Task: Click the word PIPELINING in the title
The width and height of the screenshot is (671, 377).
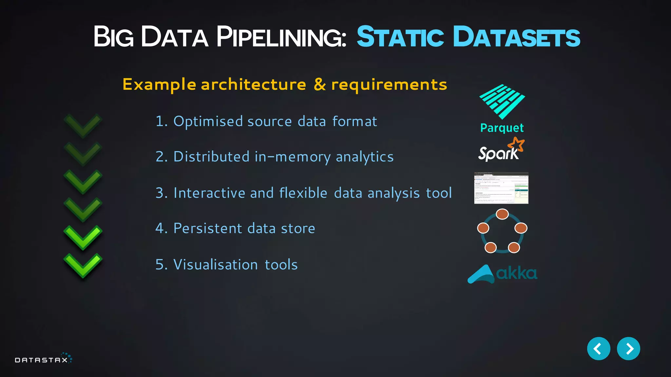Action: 281,37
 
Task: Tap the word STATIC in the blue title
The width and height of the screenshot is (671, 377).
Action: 400,37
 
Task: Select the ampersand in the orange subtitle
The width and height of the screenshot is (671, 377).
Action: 320,84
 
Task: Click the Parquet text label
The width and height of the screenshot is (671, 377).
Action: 502,128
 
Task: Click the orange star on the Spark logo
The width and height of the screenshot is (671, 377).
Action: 516,144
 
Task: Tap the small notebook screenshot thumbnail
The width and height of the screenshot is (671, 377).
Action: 501,188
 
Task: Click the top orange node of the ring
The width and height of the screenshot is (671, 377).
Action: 502,214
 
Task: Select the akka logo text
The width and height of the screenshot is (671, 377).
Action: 516,273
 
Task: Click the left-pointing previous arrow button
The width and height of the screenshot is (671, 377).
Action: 598,349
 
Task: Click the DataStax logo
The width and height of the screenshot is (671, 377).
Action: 43,359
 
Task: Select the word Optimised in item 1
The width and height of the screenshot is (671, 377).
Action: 208,121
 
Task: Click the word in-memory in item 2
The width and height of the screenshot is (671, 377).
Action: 292,157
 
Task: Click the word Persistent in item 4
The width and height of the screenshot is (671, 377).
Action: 207,228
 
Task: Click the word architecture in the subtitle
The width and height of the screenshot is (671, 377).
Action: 253,84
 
